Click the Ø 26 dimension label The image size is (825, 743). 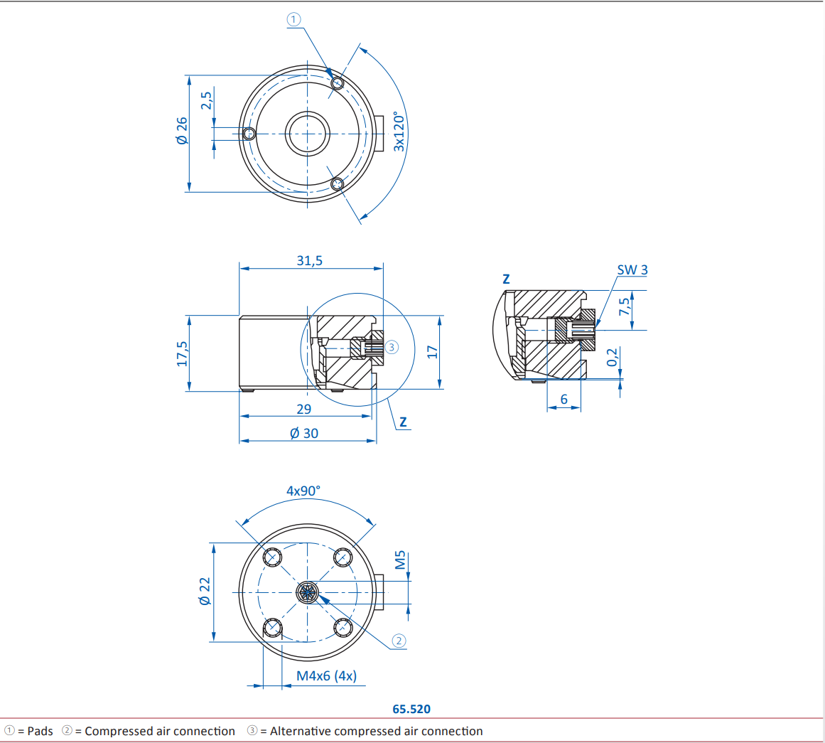(x=182, y=131)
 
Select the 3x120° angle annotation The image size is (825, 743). (x=399, y=132)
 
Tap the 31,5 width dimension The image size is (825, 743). (x=309, y=260)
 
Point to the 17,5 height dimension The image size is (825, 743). (x=182, y=353)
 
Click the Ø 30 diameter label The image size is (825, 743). (x=304, y=433)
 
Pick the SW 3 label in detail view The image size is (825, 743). (x=632, y=270)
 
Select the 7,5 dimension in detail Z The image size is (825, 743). (x=624, y=306)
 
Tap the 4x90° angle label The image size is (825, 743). (x=303, y=491)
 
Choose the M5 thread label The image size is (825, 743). (x=400, y=560)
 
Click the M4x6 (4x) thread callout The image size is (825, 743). (x=326, y=675)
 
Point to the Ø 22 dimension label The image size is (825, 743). (x=205, y=591)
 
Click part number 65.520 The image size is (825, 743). (x=411, y=709)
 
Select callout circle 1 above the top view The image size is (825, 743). (x=294, y=20)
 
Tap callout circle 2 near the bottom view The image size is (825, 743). (x=399, y=641)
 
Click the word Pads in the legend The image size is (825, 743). (x=40, y=731)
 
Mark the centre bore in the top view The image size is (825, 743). (x=307, y=133)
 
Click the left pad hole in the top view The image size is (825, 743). (x=249, y=134)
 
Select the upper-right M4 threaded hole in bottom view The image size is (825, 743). (x=343, y=557)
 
